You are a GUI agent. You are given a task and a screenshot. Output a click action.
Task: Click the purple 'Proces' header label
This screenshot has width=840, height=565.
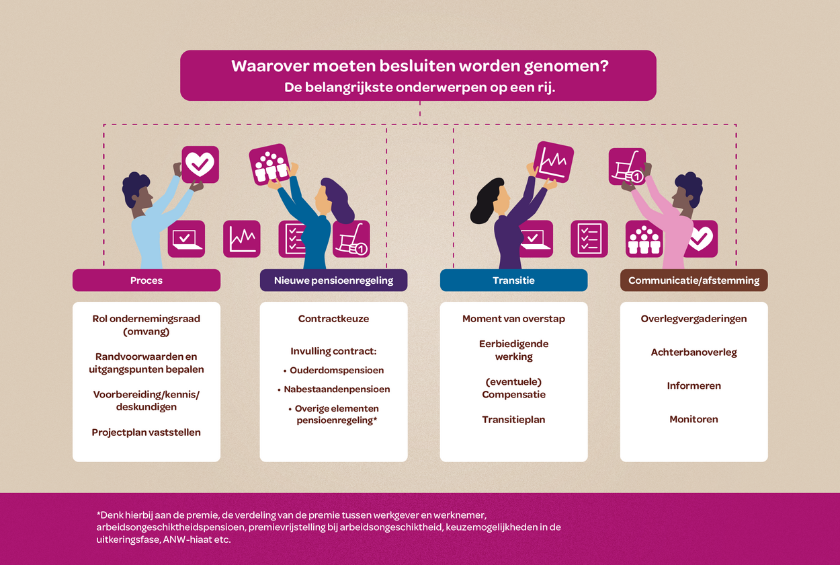point(146,280)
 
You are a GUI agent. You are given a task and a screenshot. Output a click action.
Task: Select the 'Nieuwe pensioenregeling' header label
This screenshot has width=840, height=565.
point(333,280)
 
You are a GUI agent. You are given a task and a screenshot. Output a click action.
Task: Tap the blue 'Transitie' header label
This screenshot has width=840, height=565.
point(513,280)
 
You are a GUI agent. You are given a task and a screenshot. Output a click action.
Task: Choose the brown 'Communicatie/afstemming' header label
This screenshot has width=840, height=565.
point(694,280)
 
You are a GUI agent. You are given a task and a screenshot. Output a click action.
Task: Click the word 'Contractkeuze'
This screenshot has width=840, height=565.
point(333,319)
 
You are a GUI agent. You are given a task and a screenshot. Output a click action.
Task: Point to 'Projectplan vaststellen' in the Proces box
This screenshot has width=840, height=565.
point(146,432)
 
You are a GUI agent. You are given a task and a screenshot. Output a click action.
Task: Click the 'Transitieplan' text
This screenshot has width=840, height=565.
point(513,420)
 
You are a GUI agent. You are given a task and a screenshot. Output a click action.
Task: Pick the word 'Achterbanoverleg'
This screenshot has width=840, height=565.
point(694,352)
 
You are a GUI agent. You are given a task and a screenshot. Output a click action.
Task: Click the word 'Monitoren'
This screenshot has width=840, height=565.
point(694,419)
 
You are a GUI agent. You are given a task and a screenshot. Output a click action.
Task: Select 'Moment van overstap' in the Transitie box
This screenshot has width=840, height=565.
point(513,319)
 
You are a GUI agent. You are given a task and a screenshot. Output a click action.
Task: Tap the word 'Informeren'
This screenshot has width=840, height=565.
point(694,386)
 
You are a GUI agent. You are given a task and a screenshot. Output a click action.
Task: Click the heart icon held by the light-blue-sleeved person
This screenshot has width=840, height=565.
point(200,164)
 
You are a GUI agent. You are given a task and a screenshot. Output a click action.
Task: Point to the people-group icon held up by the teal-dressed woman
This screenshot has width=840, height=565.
point(269,164)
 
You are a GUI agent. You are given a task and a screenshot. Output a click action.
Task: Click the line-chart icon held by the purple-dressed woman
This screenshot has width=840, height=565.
point(554,162)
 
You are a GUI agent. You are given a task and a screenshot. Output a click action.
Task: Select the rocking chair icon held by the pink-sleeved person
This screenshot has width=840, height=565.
point(627,166)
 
